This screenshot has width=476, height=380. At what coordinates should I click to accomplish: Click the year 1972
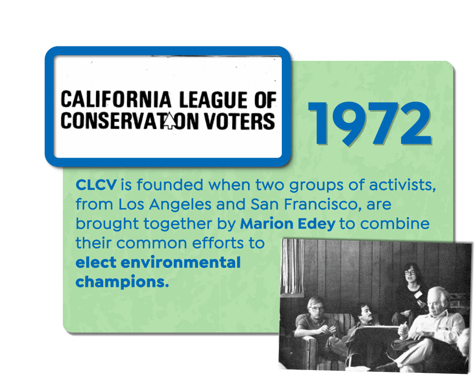click(370, 123)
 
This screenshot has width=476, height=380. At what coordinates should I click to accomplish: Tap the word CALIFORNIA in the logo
click(116, 99)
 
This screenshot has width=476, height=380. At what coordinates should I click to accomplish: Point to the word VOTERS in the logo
click(239, 121)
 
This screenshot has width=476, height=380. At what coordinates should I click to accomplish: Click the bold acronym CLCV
click(96, 185)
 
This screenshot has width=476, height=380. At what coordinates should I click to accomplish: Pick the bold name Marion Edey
click(288, 224)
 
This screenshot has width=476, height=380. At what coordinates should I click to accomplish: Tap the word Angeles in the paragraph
click(180, 205)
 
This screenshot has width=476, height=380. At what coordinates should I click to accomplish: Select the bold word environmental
click(180, 262)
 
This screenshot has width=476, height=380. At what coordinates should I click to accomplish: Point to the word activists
click(403, 185)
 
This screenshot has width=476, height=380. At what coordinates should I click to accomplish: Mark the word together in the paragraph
click(178, 225)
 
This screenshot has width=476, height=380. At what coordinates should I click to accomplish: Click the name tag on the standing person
click(418, 294)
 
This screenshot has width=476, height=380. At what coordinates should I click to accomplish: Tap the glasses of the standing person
click(410, 273)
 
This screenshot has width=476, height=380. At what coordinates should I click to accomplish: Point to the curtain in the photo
click(292, 266)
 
